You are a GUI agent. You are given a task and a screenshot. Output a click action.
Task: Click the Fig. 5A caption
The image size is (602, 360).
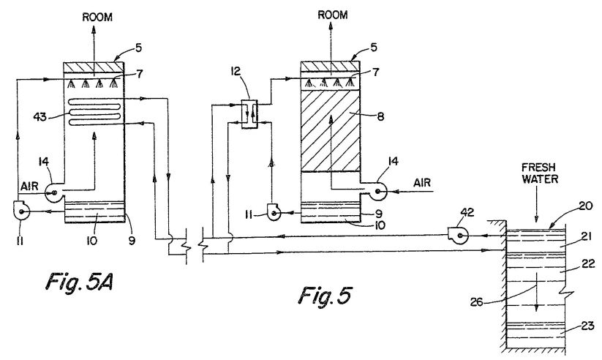pos(79,282)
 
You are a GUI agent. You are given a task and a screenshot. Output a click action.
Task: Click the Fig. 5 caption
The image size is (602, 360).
pos(325,296)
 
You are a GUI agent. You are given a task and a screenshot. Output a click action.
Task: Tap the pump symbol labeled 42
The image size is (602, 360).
pos(457,235)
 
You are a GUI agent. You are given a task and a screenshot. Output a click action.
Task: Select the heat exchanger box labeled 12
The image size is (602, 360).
pos(249,113)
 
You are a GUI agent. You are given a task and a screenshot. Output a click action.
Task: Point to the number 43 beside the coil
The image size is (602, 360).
pos(40,116)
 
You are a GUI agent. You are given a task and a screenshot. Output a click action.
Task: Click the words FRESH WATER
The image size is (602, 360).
pos(539,173)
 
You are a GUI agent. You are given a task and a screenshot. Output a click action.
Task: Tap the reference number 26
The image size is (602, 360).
pos(476,302)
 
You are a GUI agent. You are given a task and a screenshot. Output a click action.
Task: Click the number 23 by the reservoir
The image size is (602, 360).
pos(588,326)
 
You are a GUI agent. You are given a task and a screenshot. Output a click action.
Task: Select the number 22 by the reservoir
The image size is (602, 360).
pos(588,263)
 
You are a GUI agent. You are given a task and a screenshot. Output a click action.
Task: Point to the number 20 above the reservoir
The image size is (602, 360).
pos(586,206)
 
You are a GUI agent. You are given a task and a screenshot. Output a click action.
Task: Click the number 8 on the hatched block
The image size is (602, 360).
pos(380,116)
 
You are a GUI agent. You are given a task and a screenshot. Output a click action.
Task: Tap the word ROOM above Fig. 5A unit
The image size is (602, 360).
pos(97,18)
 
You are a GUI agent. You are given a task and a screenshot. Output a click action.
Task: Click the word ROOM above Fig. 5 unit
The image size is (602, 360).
pos(333,15)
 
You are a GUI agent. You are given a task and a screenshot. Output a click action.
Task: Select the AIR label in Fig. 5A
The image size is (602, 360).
pos(29,187)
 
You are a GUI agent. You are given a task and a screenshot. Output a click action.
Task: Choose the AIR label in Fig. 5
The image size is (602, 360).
pos(422,183)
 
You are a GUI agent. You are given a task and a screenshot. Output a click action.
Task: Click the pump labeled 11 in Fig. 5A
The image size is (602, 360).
pos(20,210)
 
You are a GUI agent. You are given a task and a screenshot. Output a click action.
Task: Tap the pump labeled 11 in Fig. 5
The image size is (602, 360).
pos(274,211)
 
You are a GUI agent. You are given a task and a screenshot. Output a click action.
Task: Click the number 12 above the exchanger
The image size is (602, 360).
pos(236,71)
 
